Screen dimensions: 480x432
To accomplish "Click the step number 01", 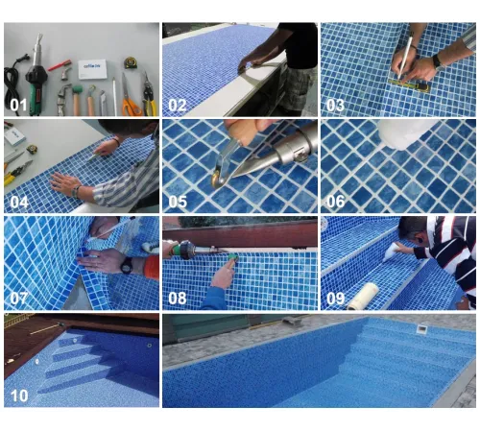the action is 18,105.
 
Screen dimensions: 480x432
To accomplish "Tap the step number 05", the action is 178,202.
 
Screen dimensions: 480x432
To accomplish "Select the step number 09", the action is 336,299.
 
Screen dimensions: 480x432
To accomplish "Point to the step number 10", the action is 19,396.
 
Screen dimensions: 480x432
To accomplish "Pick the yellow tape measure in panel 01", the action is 131,62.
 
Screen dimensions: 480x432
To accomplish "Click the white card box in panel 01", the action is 92,69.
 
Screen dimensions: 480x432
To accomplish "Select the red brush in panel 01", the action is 60,65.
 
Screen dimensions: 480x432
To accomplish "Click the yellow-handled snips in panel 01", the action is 149,94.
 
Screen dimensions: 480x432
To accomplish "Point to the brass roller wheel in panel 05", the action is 218,179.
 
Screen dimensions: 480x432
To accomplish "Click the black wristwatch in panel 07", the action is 127,265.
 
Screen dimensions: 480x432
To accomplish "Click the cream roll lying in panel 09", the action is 362,296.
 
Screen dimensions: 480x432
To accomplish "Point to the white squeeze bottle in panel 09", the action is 392,251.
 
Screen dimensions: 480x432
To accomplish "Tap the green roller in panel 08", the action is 232,257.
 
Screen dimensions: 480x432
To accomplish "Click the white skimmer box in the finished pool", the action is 421,328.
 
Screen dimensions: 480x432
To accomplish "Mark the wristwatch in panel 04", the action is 76,192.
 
